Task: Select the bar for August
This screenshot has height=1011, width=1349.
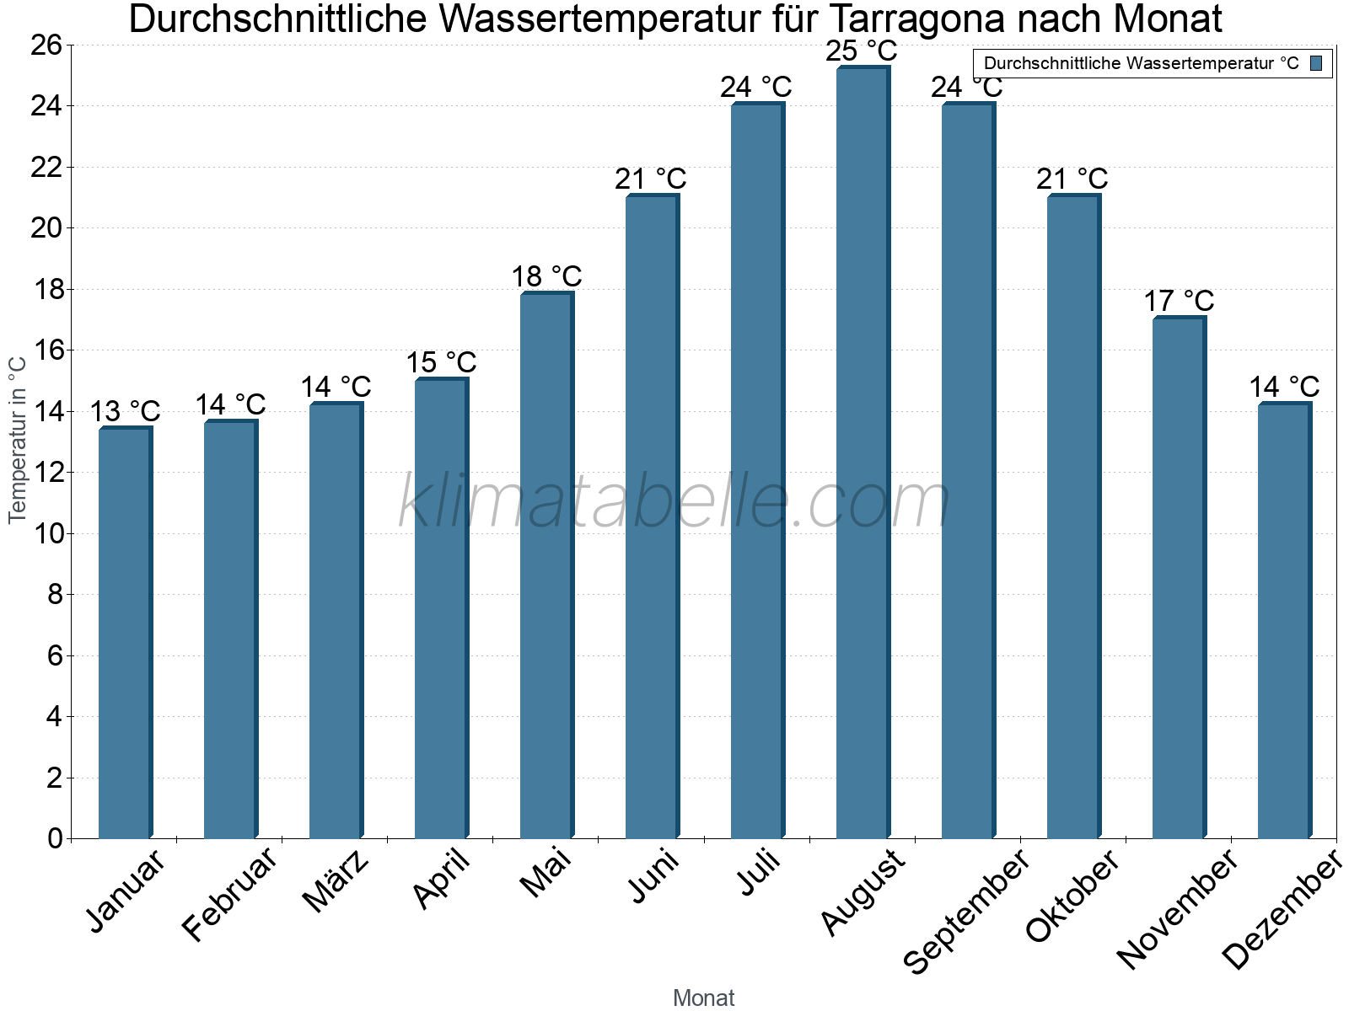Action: [x=863, y=455]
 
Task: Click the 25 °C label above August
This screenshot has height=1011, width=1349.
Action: [x=861, y=51]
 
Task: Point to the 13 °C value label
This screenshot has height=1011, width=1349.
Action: [x=125, y=412]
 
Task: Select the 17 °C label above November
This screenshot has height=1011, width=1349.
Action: [x=1179, y=301]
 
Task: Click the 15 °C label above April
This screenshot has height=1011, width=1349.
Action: [x=441, y=363]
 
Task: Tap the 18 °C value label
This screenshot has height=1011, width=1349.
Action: [x=546, y=276]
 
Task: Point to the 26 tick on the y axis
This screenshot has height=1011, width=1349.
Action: [x=46, y=45]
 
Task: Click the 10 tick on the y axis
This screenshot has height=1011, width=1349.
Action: [x=46, y=533]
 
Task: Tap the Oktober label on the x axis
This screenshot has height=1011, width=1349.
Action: [x=1072, y=896]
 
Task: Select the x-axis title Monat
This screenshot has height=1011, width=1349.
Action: [x=703, y=998]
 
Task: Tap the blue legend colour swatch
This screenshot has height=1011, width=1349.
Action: [x=1316, y=63]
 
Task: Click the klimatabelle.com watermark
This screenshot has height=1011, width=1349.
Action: [x=674, y=502]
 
